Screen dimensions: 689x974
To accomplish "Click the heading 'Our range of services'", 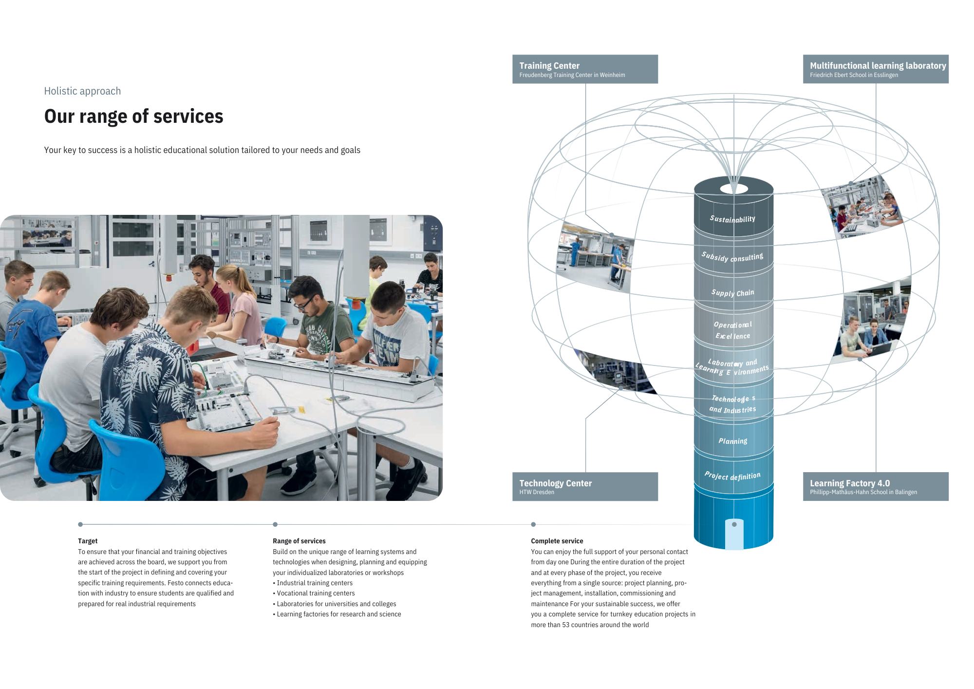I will tap(133, 116).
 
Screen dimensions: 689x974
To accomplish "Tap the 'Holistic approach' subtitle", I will tap(82, 91).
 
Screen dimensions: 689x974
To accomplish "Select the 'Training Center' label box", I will tap(584, 69).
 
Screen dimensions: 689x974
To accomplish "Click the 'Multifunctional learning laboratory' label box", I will tap(875, 69).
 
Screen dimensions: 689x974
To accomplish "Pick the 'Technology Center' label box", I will tap(584, 486).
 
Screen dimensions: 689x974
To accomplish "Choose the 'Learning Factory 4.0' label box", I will tap(875, 486).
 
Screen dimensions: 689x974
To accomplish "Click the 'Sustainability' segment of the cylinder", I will tap(732, 219).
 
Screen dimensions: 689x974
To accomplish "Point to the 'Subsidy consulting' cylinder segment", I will tap(732, 257).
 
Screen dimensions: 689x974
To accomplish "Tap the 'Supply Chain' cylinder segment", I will tap(732, 293).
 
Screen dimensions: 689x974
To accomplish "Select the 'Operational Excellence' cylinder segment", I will tap(732, 330).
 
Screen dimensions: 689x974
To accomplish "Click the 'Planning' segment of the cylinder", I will tap(732, 441).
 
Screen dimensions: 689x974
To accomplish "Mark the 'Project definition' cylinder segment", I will tap(732, 476).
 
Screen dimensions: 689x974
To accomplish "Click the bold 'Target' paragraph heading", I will tap(88, 541).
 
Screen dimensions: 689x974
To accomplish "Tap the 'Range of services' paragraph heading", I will tap(299, 541).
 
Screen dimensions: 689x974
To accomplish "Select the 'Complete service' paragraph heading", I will tap(557, 541).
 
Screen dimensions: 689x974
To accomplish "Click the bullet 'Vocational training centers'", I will tap(316, 593).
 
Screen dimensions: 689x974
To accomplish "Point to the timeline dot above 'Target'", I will tap(80, 524).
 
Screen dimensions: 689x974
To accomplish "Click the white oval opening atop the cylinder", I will tap(734, 189).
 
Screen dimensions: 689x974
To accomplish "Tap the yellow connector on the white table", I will tap(302, 409).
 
